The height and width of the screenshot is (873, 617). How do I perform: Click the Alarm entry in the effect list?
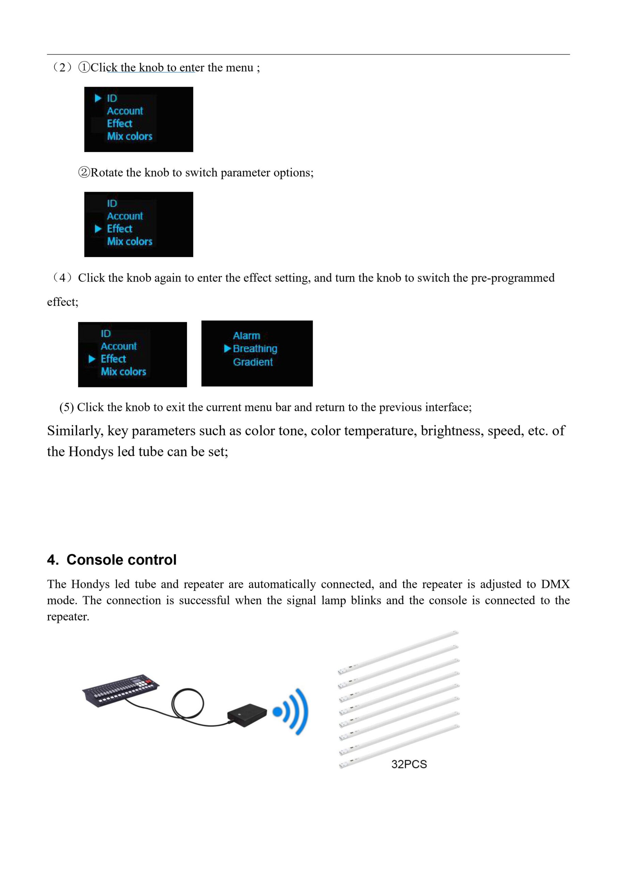tap(246, 336)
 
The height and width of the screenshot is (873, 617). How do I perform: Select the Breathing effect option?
tap(255, 349)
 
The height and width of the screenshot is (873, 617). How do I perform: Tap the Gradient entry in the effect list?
tap(253, 362)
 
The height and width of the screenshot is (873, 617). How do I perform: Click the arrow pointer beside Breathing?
tap(228, 349)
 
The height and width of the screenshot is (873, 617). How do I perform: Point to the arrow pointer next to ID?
tap(98, 99)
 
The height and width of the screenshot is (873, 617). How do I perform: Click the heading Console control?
tap(121, 560)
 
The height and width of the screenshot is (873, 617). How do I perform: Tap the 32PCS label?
tap(409, 764)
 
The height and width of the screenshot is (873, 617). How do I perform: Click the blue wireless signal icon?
tap(293, 711)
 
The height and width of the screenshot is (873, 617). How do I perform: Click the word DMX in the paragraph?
tap(555, 584)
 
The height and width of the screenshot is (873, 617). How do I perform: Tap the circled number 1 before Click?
tap(84, 68)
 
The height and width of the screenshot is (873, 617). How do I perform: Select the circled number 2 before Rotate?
tap(84, 173)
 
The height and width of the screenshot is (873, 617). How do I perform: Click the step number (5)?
tap(66, 407)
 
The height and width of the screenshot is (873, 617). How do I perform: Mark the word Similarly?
tap(75, 431)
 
